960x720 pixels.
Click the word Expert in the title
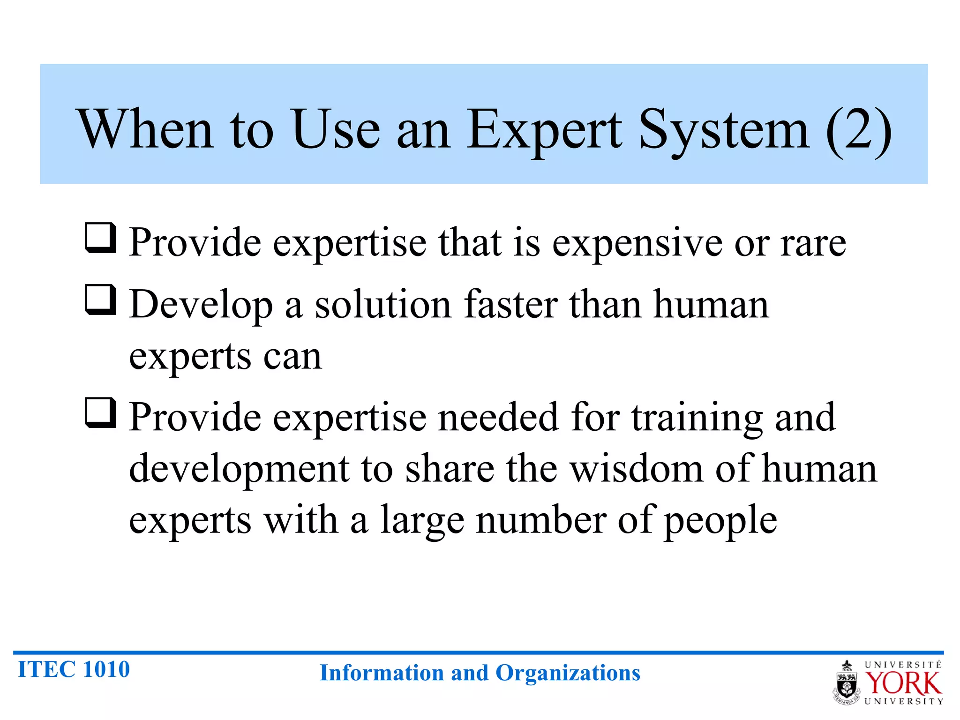[544, 130]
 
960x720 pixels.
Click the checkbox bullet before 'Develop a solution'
[100, 300]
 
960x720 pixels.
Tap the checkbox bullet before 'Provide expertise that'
[100, 238]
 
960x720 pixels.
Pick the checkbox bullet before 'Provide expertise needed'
[100, 413]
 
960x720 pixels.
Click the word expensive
[637, 244]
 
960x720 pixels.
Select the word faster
[511, 305]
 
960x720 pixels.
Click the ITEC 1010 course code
[74, 669]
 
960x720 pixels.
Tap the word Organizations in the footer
[568, 673]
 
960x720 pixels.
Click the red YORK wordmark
[903, 683]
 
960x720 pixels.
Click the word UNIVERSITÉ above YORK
[903, 665]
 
